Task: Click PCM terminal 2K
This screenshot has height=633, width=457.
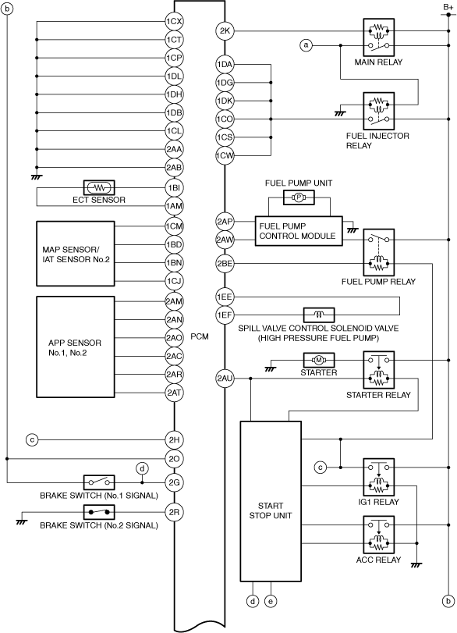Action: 225,31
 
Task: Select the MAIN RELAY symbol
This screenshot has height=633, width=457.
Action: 378,37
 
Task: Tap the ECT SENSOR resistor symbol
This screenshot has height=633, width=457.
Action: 99,188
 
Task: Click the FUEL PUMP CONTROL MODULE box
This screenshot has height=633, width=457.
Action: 299,231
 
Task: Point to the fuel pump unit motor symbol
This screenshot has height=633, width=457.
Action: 299,197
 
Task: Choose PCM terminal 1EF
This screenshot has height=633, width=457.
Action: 225,315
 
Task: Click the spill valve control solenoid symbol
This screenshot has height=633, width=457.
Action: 319,315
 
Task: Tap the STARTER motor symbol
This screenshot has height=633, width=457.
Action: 319,360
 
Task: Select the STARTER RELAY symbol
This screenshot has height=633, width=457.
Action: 378,370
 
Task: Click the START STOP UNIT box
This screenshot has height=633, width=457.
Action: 271,501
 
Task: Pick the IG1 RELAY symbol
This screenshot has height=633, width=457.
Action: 378,477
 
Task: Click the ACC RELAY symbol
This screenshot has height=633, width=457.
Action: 378,535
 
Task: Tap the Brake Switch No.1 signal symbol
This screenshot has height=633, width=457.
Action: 99,482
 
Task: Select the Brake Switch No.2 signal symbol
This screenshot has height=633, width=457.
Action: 99,512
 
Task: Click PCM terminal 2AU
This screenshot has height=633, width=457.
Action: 225,379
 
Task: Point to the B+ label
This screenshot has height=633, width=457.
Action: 448,7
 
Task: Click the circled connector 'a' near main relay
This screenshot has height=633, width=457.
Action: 306,45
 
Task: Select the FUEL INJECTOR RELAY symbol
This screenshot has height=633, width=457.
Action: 378,111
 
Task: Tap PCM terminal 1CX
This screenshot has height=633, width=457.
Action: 174,21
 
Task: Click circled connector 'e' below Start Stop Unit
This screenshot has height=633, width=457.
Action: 271,602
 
